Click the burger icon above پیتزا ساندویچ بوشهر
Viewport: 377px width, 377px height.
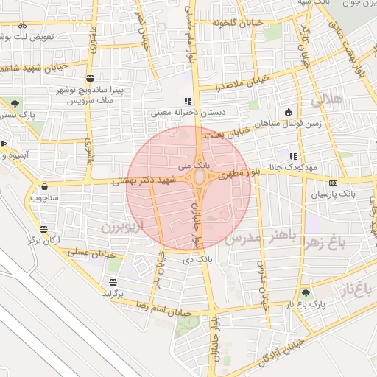(90, 78)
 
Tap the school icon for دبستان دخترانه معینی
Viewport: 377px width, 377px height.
(186, 102)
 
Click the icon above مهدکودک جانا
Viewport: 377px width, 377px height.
(293, 156)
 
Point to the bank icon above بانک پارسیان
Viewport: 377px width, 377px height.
(333, 182)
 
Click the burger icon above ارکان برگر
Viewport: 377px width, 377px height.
(45, 229)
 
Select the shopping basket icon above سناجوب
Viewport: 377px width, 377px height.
(46, 186)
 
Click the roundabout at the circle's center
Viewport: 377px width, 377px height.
(197, 178)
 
